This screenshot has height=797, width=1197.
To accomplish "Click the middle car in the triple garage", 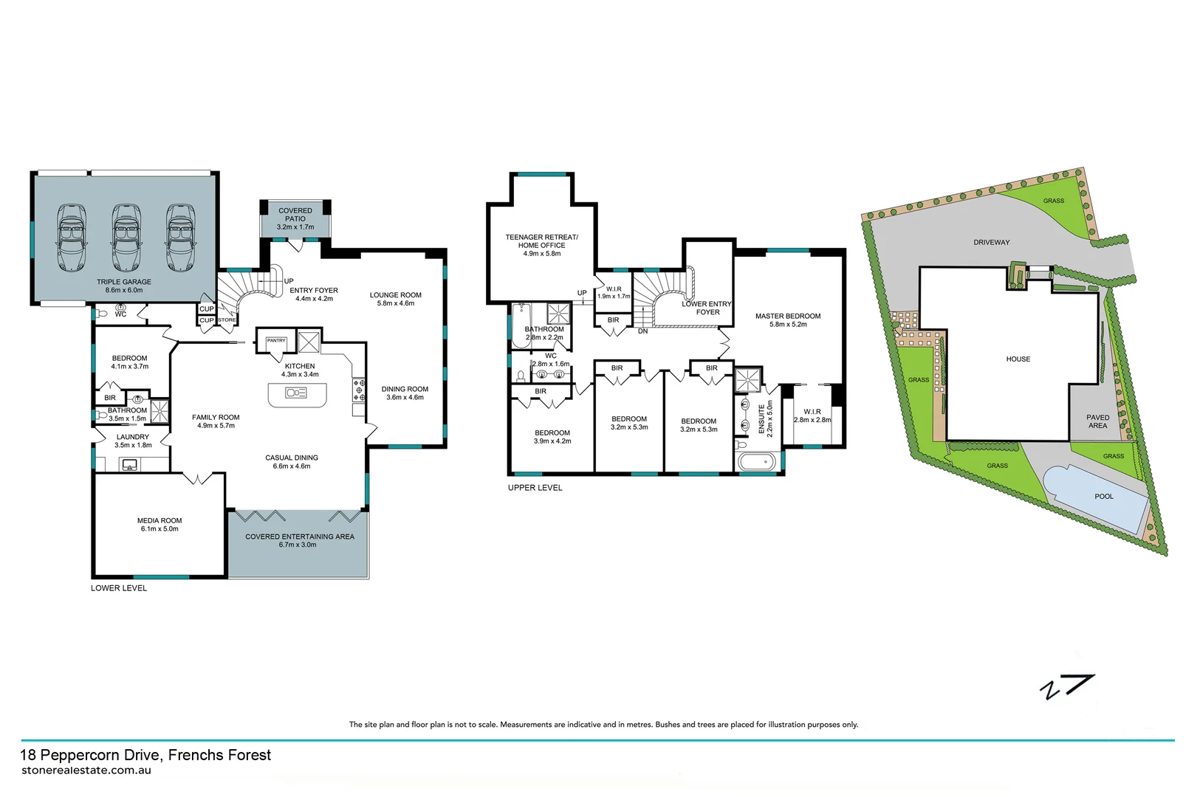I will coord(126,238).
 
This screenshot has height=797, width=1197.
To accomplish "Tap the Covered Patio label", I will coord(295,215).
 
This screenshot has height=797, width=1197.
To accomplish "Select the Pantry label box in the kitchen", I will coord(276,341).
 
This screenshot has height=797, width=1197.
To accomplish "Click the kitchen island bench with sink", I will coord(297,394).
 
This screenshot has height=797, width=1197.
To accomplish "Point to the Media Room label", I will coord(160,521).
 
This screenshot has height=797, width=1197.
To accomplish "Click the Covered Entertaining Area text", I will coord(300,536).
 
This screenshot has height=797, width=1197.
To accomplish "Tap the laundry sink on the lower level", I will coord(130,465).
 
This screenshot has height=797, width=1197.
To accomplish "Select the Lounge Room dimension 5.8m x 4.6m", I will coord(396,303).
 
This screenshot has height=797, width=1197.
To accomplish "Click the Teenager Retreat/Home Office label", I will coord(541,241).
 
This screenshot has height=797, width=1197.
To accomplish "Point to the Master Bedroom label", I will coord(788,316).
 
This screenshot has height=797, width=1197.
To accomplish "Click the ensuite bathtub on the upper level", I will coord(757,463).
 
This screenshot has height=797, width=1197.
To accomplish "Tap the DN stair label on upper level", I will coord(642,331).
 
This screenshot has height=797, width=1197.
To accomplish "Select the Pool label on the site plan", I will coord(1104,497).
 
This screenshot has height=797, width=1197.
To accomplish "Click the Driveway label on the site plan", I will coord(991,242).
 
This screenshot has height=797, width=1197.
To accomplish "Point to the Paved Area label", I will coord(1097,421).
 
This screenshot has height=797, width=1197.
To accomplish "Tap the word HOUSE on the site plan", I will coord(1018,359).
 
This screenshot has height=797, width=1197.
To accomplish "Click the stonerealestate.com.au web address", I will coord(86,770).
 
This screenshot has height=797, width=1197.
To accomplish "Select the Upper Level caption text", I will coord(535,488).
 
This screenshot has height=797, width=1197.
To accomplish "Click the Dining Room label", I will coord(405,389).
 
